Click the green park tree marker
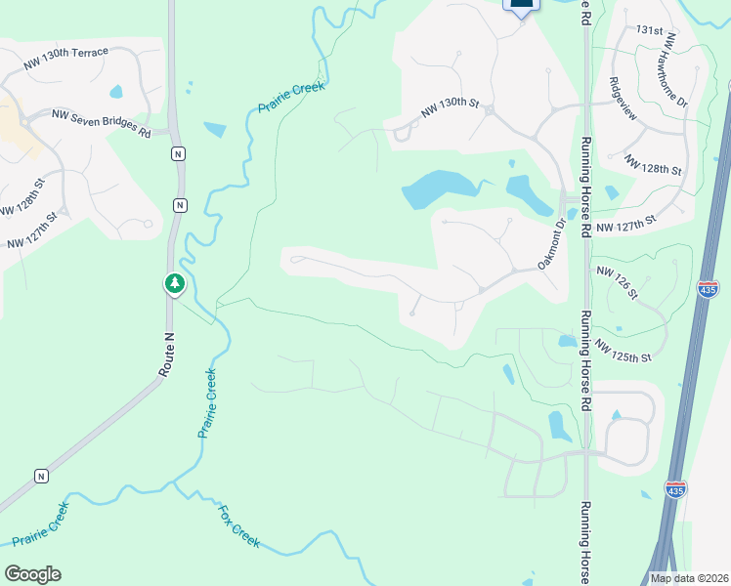175,284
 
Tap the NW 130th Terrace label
66,58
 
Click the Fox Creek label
237,525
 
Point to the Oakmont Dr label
552,244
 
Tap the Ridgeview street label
623,99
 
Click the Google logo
32,574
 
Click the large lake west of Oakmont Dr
438,188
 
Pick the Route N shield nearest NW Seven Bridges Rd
177,153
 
